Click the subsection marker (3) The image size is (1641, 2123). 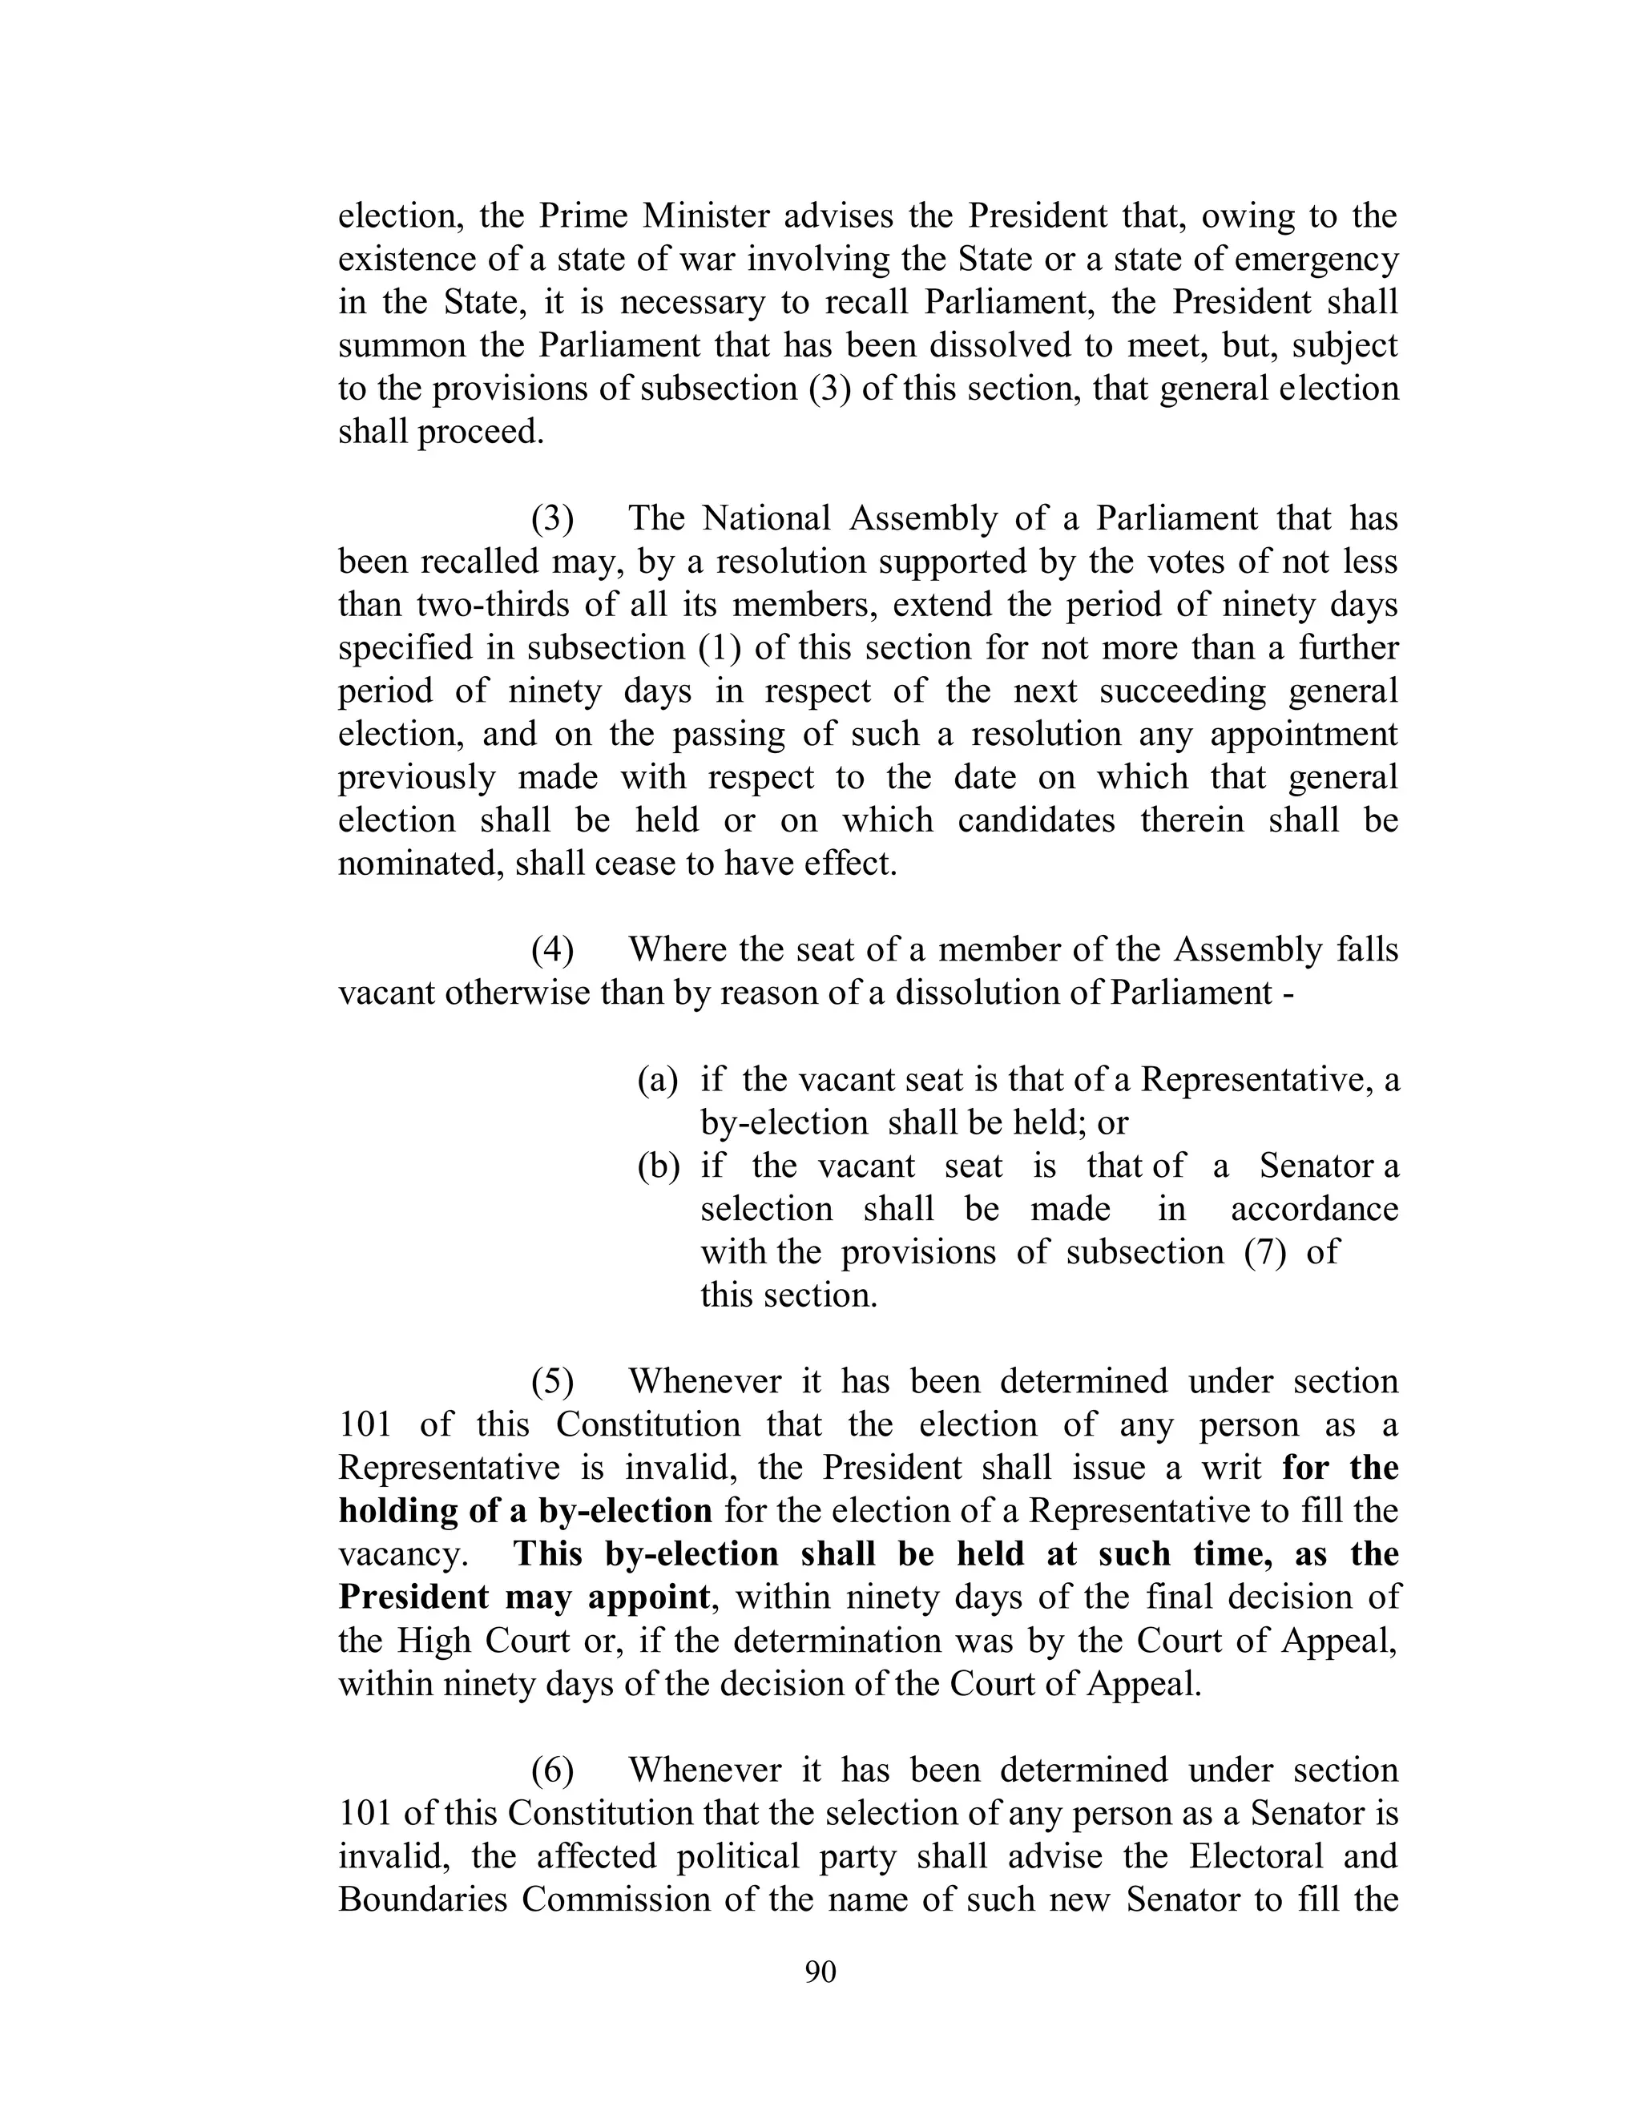pos(551,519)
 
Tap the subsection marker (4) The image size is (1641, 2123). pos(551,949)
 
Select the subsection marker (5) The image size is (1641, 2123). pos(551,1381)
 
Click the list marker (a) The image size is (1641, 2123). pos(657,1080)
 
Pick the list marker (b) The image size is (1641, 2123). pos(657,1166)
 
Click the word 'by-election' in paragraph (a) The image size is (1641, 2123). pos(784,1122)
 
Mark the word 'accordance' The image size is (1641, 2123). pos(1314,1209)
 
